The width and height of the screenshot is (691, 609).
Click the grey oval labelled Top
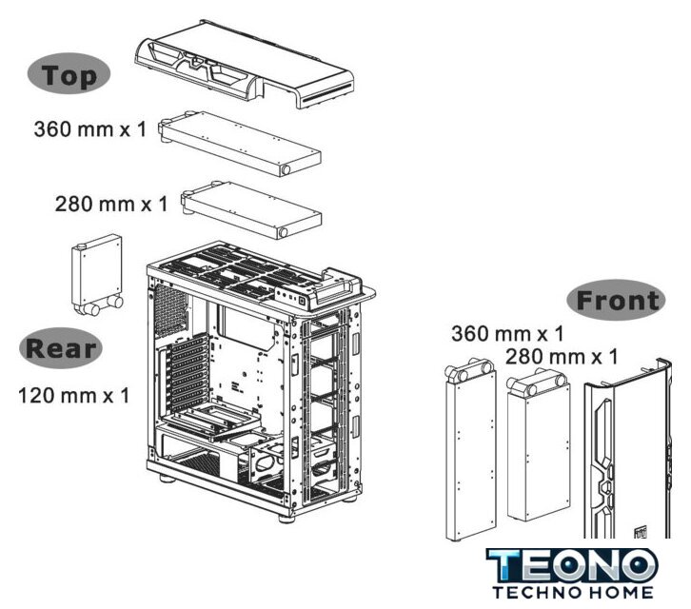pos(69,73)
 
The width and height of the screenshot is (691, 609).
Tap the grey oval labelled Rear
pos(61,347)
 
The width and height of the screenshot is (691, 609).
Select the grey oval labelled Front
pos(616,300)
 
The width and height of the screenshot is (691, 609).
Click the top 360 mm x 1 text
pos(89,129)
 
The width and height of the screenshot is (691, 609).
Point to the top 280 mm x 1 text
pos(111,204)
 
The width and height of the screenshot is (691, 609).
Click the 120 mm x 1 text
pos(74,395)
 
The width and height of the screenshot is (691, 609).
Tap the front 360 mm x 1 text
pos(507,334)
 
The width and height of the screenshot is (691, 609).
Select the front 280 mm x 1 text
pos(562,357)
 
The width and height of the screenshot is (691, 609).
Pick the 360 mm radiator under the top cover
pos(240,144)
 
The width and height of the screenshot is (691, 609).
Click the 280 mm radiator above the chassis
pos(251,210)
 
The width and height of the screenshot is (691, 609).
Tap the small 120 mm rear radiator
pos(97,275)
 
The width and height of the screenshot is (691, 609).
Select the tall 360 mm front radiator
pos(470,449)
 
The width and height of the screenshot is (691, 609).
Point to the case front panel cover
pos(628,449)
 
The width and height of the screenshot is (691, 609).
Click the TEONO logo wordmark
pos(572,565)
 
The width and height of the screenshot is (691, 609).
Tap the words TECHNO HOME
pos(572,592)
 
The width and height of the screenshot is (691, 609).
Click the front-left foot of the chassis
pos(286,519)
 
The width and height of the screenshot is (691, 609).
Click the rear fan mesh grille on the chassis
pos(170,310)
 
